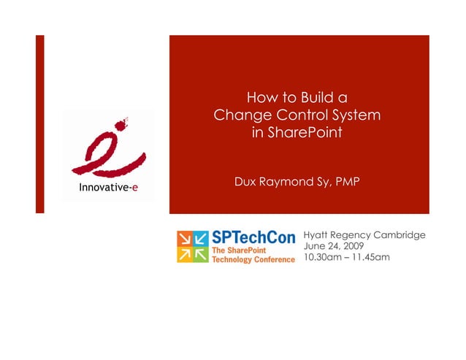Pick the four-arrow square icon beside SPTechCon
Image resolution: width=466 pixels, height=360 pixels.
[x=192, y=247]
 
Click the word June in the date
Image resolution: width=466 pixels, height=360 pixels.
[x=313, y=246]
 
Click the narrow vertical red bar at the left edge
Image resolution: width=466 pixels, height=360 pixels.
[x=40, y=124]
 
